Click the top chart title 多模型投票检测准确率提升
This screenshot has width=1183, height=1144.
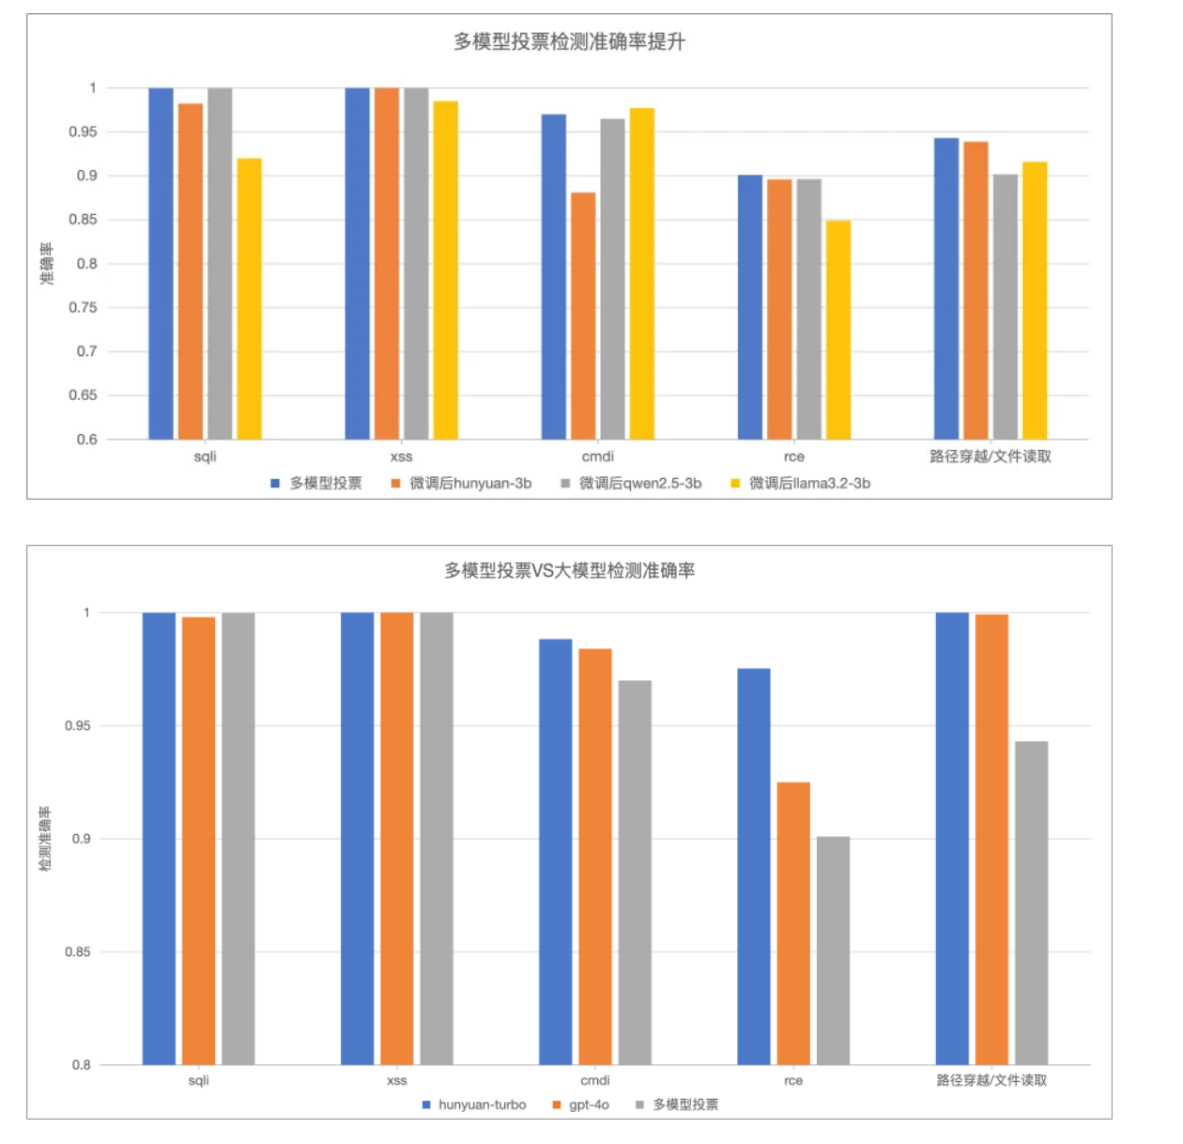click(x=569, y=42)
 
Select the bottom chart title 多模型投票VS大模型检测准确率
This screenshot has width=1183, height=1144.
click(x=569, y=570)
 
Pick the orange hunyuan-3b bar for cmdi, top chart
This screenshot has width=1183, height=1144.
click(x=583, y=316)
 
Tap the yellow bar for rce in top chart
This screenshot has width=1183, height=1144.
click(x=838, y=330)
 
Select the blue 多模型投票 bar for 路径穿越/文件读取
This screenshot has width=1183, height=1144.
click(x=946, y=288)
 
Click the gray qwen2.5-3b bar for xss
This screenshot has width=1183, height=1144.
click(x=416, y=263)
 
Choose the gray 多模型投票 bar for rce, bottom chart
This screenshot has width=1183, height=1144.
click(x=833, y=951)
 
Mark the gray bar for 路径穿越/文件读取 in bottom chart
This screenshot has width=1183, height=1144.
click(x=1031, y=903)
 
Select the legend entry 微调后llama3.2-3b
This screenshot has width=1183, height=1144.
click(x=808, y=484)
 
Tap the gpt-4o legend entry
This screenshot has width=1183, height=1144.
click(x=588, y=1105)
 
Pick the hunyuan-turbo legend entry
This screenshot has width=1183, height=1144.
click(x=481, y=1105)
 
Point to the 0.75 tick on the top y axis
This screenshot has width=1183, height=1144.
click(x=83, y=308)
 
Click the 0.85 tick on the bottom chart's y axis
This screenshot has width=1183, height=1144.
click(x=78, y=952)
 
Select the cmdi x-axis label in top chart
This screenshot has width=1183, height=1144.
click(x=598, y=457)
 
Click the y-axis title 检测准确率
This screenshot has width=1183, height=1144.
click(x=45, y=839)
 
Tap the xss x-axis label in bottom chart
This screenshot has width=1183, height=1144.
click(x=397, y=1081)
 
